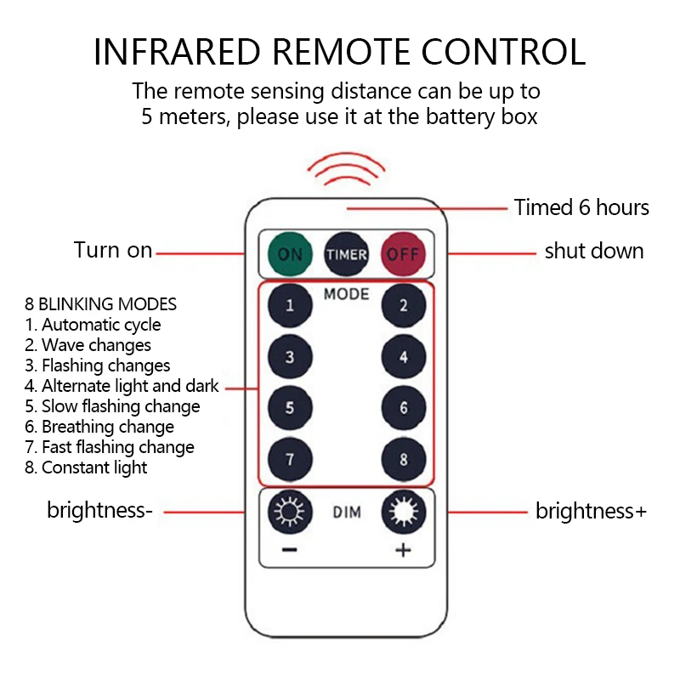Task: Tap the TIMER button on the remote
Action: click(x=346, y=254)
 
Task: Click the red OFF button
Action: click(x=403, y=254)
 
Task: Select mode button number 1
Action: click(x=290, y=306)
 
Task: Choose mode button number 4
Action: click(x=403, y=357)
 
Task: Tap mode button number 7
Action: click(x=290, y=460)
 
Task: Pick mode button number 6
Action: click(x=403, y=408)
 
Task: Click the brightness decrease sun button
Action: click(x=290, y=513)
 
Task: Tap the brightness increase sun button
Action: click(x=403, y=513)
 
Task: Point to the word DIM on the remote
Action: click(x=347, y=513)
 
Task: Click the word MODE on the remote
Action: click(x=346, y=294)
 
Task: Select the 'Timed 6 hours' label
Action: click(x=581, y=207)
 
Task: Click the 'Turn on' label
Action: click(x=113, y=251)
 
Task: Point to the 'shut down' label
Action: click(x=594, y=252)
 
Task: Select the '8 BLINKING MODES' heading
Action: click(x=101, y=304)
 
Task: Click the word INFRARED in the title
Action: click(x=183, y=52)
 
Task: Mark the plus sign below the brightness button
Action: click(x=403, y=551)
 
